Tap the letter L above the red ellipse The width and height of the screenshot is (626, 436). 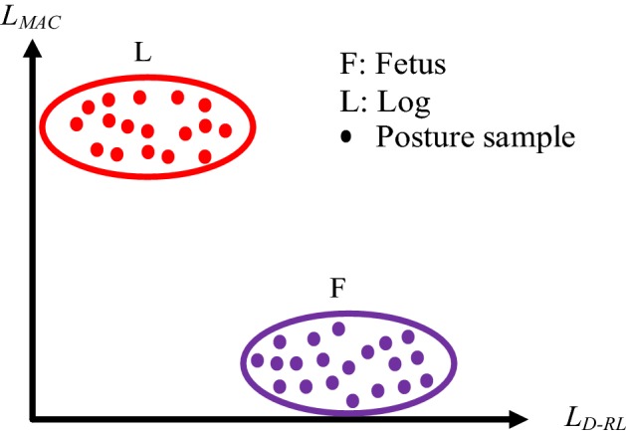(143, 55)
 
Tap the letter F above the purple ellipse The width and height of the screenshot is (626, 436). (338, 290)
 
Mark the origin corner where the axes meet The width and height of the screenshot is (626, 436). (36, 417)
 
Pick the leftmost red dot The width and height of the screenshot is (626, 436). (77, 123)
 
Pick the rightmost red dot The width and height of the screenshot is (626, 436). (225, 129)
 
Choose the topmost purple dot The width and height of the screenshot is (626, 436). (338, 328)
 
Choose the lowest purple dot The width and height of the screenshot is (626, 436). (352, 400)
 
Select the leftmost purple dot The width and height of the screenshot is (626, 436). (258, 359)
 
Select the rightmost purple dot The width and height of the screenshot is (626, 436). (427, 380)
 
